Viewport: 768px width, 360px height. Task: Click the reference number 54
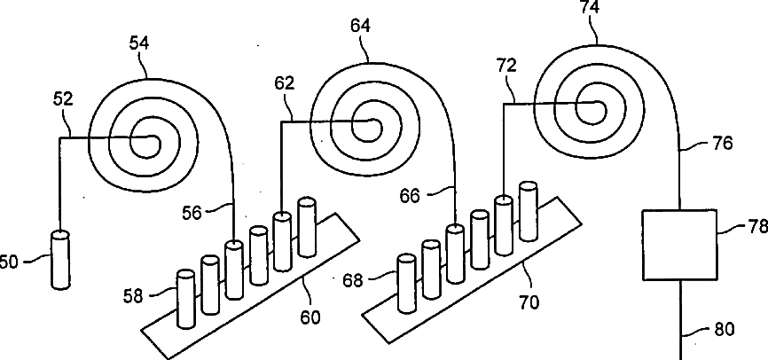(138, 44)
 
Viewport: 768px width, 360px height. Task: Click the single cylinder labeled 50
(60, 259)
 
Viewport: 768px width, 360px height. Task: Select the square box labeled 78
(679, 244)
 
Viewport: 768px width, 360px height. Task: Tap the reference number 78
(756, 228)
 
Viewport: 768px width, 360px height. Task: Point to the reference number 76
(723, 143)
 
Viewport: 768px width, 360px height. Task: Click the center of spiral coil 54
(143, 140)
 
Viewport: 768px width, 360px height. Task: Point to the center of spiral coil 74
(590, 106)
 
